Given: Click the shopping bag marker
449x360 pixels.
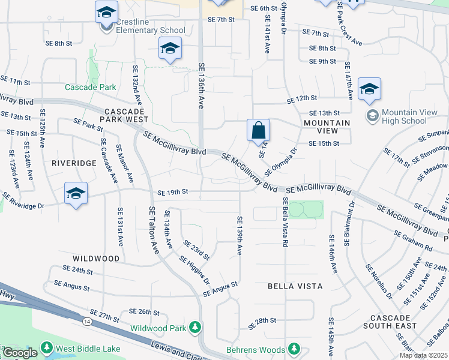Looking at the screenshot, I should [258, 131].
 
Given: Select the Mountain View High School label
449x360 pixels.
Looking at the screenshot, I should [404, 116].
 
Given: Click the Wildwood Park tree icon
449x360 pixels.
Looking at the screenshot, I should [194, 327].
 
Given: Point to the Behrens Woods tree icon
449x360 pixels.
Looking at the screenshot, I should [294, 349].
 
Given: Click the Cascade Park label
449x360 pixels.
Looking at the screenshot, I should [91, 87].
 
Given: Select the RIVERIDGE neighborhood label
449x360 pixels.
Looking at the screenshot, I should [74, 163].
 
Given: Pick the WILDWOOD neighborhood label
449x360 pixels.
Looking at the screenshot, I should [96, 258].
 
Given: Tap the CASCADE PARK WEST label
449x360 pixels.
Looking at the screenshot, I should [125, 116].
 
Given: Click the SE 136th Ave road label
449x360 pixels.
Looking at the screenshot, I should [202, 86].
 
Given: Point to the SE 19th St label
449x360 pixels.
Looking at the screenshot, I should [173, 192].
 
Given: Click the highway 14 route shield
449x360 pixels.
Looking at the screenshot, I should [88, 322].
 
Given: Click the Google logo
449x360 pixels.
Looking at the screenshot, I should [20, 353].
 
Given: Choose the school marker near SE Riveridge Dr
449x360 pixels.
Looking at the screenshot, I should [76, 194].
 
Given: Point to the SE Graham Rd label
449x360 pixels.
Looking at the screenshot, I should [413, 241].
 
